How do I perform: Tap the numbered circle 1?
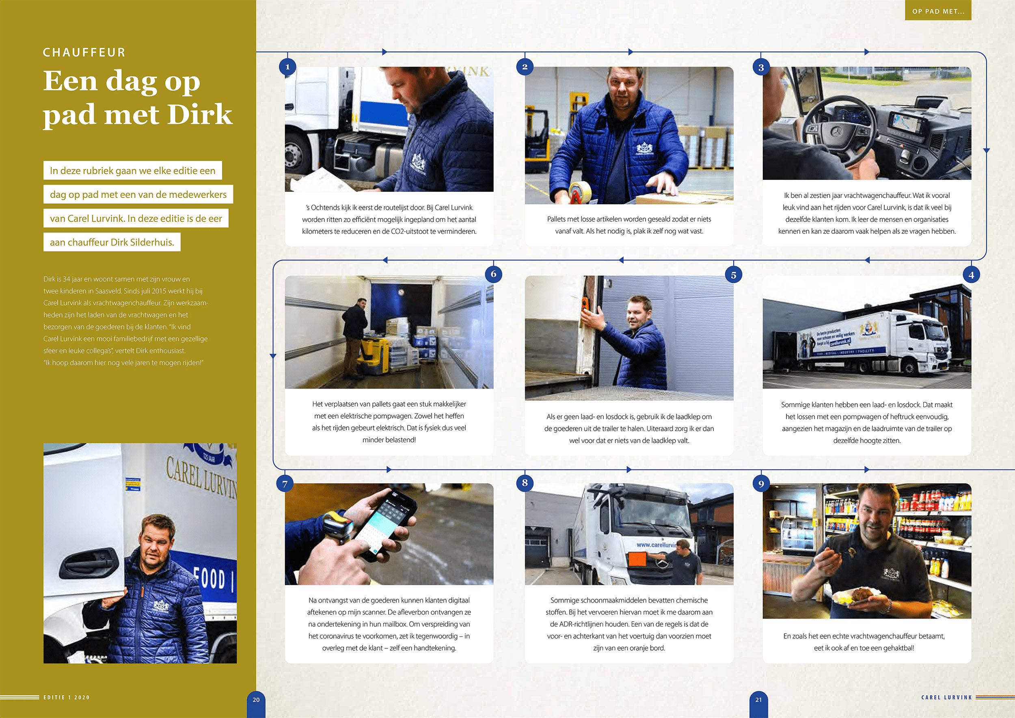[x=287, y=67]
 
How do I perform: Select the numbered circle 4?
[x=971, y=275]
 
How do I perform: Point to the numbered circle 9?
[x=761, y=483]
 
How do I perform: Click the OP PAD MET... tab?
[x=938, y=11]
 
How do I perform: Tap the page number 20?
[x=256, y=700]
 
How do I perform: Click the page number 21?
[x=758, y=700]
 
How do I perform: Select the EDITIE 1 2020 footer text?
[x=66, y=697]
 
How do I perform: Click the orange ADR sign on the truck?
[x=637, y=559]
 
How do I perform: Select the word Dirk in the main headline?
[x=200, y=115]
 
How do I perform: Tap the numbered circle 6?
[x=493, y=274]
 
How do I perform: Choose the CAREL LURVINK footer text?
[x=946, y=697]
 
